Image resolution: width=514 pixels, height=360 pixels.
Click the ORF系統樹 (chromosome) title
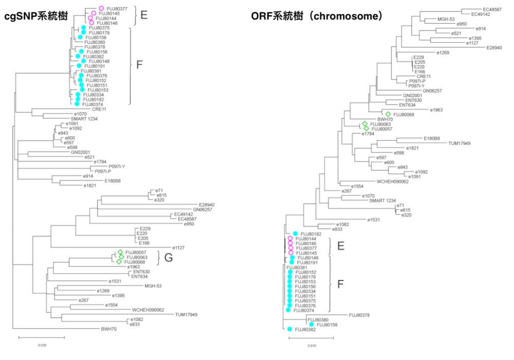pos(317,16)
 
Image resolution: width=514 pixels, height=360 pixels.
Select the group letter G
pos(169,258)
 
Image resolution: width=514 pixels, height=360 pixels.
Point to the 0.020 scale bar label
pos(41,345)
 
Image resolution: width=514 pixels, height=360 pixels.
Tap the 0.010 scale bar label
pos(311,345)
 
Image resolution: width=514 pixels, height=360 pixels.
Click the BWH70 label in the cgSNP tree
pos(108,328)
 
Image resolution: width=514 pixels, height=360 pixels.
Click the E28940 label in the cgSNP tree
pos(208,205)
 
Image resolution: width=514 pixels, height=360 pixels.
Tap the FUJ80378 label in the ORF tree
pos(360,315)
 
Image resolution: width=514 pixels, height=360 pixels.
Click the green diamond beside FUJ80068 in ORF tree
pos(388,114)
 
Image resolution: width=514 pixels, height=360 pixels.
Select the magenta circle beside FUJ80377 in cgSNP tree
pos(101,8)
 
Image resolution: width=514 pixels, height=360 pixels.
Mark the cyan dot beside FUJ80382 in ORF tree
pos(290,329)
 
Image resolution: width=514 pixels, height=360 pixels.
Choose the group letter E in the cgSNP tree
pos(143,15)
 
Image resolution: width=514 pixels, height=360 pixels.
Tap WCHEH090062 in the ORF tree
pos(393,182)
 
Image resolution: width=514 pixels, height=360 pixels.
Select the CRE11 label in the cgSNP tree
pos(99,109)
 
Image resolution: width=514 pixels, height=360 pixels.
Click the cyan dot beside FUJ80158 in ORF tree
pos(312,325)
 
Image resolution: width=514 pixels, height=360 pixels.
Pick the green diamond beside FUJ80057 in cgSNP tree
pos(120,252)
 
